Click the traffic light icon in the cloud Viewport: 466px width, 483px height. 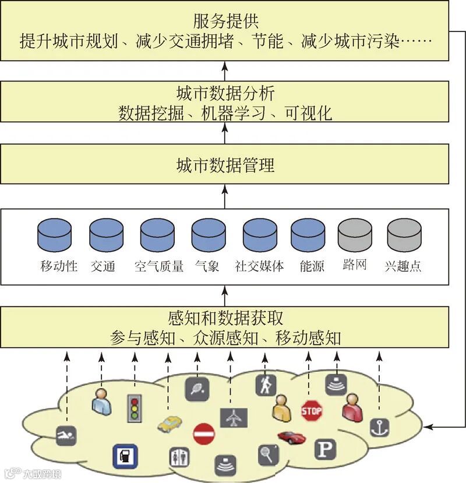pyautogui.click(x=135, y=408)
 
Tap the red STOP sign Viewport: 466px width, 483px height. pyautogui.click(x=312, y=411)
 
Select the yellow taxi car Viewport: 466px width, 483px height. pyautogui.click(x=170, y=423)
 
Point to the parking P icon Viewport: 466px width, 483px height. pyautogui.click(x=324, y=448)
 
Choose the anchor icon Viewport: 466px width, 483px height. pyautogui.click(x=379, y=427)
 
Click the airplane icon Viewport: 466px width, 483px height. pyautogui.click(x=234, y=417)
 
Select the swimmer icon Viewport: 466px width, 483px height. pyautogui.click(x=66, y=436)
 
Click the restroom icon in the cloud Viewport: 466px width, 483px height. pyautogui.click(x=179, y=457)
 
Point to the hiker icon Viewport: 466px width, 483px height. pyautogui.click(x=265, y=385)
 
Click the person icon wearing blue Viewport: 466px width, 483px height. pyautogui.click(x=101, y=401)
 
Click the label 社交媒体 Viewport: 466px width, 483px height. pyautogui.click(x=259, y=267)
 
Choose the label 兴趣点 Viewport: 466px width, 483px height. pyautogui.click(x=403, y=267)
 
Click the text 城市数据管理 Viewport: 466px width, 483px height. pyautogui.click(x=225, y=165)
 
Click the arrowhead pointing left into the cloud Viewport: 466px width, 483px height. pyautogui.click(x=428, y=427)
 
